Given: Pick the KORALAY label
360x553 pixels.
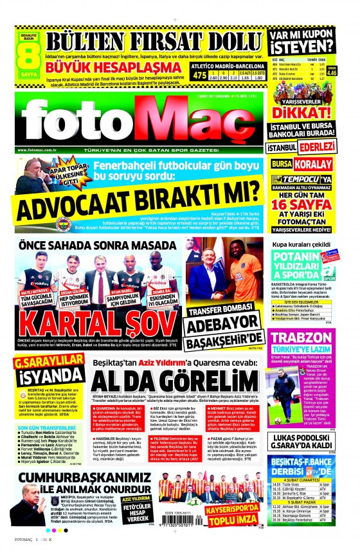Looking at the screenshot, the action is click(x=324, y=164).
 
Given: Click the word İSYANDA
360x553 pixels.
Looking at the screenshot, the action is click(x=42, y=376).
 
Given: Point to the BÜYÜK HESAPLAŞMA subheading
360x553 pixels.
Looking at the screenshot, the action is click(x=87, y=65).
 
